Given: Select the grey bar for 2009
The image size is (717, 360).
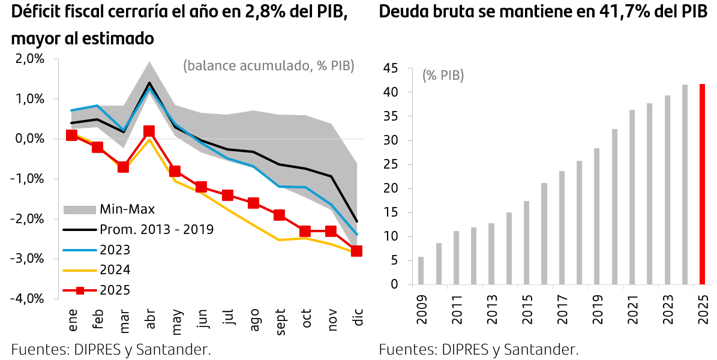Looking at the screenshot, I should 421,271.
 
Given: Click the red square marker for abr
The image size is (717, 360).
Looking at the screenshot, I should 149,131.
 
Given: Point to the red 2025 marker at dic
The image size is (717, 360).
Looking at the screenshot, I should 356,251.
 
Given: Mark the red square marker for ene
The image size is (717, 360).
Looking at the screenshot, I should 71,135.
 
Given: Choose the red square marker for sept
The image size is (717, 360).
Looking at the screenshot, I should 279,215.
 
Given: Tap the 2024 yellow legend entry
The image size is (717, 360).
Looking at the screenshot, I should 114,270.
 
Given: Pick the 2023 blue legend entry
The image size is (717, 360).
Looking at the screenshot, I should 114,250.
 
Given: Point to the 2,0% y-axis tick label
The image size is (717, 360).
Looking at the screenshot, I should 30,59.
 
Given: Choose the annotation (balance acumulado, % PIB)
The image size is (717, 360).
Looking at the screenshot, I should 269,66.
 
